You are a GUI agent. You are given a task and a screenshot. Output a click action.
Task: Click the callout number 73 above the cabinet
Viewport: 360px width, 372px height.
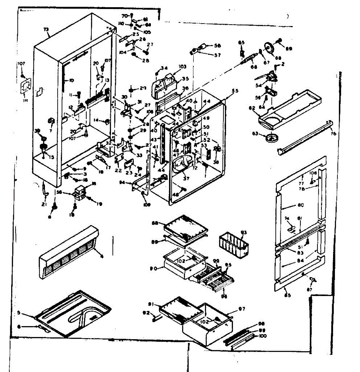click(46, 29)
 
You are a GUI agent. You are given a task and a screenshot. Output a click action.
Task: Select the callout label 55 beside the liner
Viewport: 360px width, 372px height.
click(235, 91)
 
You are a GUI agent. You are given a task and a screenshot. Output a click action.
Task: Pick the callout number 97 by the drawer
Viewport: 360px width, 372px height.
click(242, 309)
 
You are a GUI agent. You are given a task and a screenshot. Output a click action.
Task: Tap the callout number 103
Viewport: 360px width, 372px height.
click(182, 67)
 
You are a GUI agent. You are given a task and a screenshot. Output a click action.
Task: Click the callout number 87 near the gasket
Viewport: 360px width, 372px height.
click(310, 290)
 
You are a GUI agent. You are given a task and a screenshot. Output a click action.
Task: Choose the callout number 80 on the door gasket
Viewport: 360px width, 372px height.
click(301, 205)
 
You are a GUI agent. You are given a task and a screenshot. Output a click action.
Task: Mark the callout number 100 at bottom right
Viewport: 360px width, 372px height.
click(263, 336)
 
